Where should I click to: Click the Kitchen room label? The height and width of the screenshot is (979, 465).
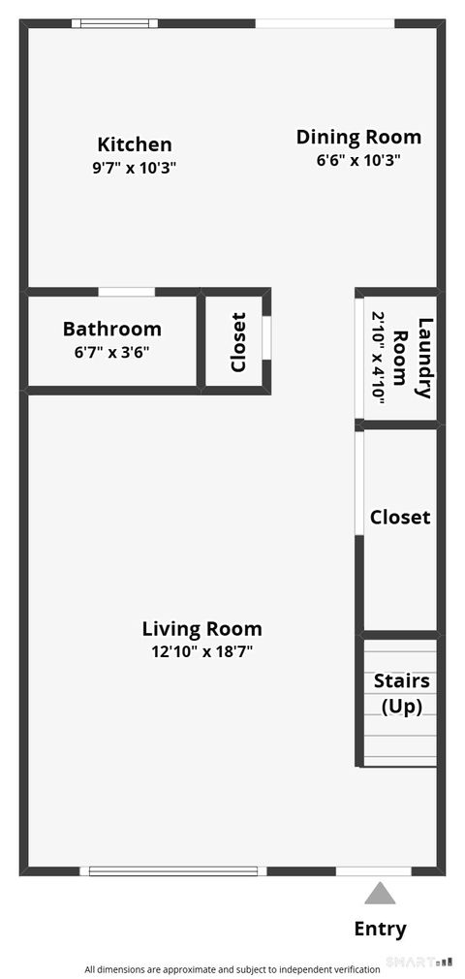(x=135, y=144)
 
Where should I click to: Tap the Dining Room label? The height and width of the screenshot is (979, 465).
(x=358, y=137)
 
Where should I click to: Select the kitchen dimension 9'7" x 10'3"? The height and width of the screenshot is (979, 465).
(x=135, y=168)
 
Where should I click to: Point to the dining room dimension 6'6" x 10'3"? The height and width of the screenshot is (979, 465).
(x=358, y=160)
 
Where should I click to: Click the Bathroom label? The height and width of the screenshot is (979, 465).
(x=112, y=329)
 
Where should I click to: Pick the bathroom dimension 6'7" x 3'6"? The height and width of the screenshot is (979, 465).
(x=112, y=352)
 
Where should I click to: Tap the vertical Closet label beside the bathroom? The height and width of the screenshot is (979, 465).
(x=238, y=342)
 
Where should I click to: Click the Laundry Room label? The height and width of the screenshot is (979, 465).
(x=413, y=358)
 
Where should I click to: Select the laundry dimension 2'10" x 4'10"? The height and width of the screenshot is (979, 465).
(x=379, y=358)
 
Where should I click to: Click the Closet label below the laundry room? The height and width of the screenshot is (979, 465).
(x=400, y=517)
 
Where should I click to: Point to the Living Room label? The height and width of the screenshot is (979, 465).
(x=201, y=628)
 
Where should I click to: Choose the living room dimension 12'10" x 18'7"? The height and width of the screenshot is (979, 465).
(x=201, y=652)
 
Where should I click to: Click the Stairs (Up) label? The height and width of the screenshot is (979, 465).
(x=401, y=693)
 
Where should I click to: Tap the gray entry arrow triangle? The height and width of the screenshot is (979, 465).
(x=380, y=893)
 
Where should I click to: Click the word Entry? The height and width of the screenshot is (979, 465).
(x=380, y=929)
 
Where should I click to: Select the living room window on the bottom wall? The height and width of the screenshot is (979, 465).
(x=173, y=870)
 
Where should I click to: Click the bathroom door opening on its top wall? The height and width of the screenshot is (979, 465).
(x=127, y=292)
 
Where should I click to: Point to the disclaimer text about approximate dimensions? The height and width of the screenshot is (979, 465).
(x=232, y=968)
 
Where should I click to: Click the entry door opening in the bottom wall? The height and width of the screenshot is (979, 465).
(x=374, y=870)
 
